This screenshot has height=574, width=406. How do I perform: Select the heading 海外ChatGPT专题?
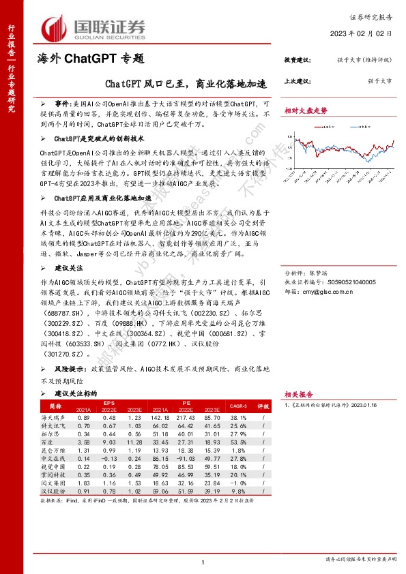[x=91, y=59]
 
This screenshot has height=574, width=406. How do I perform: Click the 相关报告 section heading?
[x=299, y=394]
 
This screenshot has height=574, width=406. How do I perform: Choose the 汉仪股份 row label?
[x=54, y=491]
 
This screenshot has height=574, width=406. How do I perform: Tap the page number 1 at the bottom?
[x=203, y=561]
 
